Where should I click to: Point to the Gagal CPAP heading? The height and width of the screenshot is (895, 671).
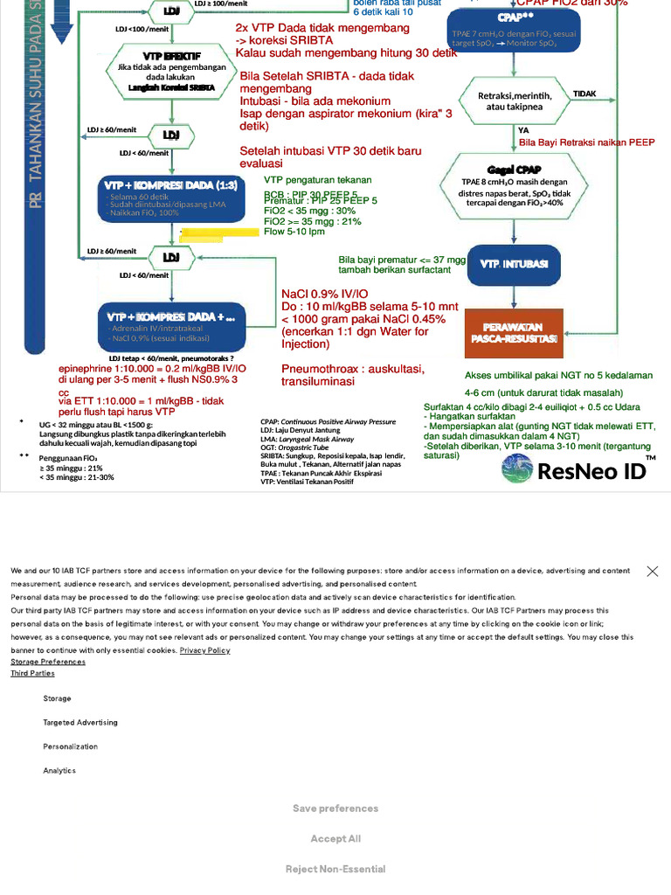pyautogui.click(x=512, y=169)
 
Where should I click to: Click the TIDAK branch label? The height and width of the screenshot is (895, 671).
pyautogui.click(x=585, y=94)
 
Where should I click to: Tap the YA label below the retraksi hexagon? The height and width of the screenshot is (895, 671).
pyautogui.click(x=523, y=130)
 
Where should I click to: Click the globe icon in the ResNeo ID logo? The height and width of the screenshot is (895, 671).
pyautogui.click(x=517, y=468)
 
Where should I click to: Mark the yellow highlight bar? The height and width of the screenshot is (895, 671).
pyautogui.click(x=212, y=233)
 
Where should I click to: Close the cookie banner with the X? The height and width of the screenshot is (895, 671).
pyautogui.click(x=652, y=571)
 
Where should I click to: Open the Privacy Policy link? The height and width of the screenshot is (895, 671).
pyautogui.click(x=204, y=650)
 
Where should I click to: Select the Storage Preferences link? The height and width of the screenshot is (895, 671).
pyautogui.click(x=48, y=662)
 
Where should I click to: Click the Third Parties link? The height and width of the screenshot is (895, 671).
pyautogui.click(x=32, y=673)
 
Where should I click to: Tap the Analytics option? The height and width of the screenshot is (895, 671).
pyautogui.click(x=59, y=771)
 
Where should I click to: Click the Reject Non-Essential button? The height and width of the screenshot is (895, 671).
pyautogui.click(x=335, y=869)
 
